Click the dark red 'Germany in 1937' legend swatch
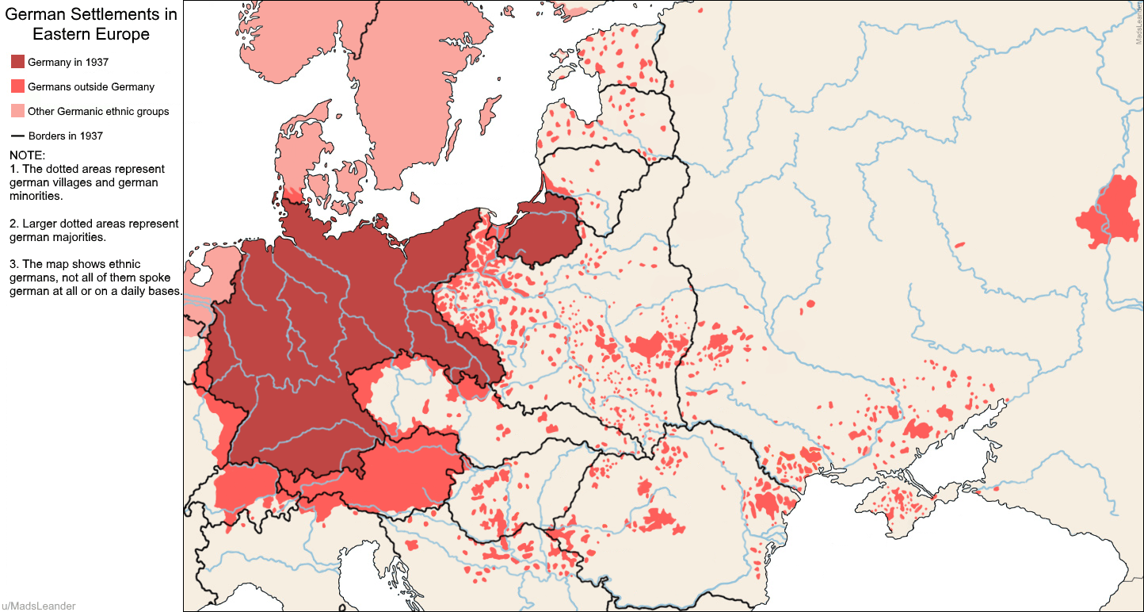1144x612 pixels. click(17, 62)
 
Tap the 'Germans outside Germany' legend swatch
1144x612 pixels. click(17, 86)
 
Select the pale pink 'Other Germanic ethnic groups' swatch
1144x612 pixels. click(17, 111)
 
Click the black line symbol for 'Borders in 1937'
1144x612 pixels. click(17, 136)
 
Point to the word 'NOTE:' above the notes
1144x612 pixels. click(28, 155)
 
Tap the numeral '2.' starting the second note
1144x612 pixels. click(14, 224)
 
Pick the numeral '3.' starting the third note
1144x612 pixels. click(14, 265)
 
